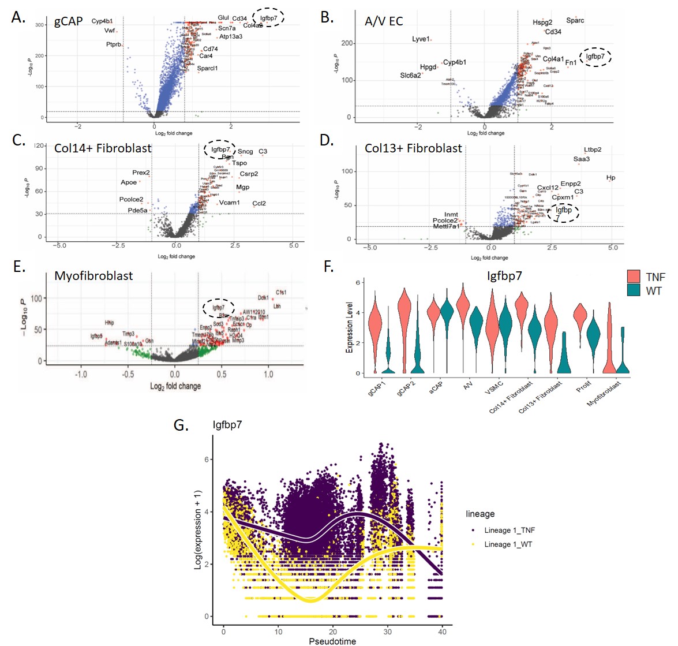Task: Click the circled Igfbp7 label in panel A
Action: [268, 18]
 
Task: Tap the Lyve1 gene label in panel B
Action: [421, 39]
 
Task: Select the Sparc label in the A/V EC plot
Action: [575, 21]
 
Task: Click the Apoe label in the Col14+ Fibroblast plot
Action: [129, 182]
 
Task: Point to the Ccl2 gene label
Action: [259, 203]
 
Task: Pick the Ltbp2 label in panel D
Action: [593, 150]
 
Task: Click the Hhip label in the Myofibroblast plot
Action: [109, 323]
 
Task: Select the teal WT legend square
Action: [635, 290]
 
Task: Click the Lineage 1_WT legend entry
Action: [508, 544]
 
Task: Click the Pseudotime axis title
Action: [332, 641]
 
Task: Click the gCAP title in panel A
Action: [69, 22]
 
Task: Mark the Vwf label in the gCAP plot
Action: [110, 31]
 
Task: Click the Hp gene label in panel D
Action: [611, 178]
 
